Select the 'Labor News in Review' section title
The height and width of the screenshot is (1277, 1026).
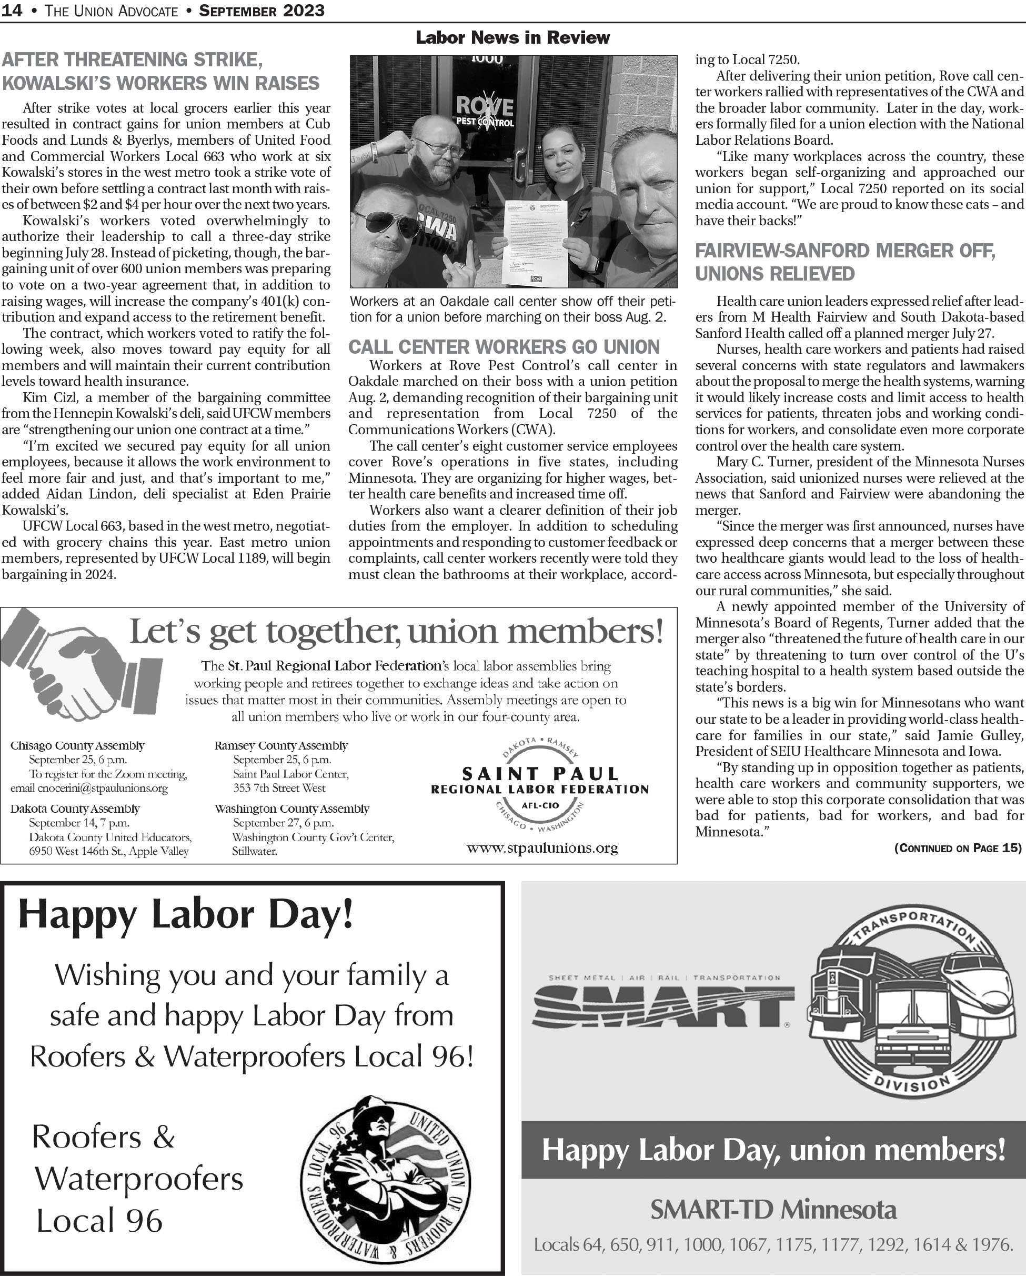tap(512, 37)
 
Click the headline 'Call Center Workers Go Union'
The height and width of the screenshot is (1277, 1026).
tap(504, 346)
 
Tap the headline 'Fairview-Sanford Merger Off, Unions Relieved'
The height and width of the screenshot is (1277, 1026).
tap(845, 262)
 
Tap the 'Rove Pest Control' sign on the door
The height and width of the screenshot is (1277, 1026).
tap(484, 112)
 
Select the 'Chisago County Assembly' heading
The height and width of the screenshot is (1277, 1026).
tap(77, 746)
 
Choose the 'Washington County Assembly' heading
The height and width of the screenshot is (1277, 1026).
tap(291, 809)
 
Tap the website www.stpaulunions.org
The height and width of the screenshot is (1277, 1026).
tap(542, 847)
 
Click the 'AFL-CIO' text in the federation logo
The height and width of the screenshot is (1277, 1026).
tap(540, 805)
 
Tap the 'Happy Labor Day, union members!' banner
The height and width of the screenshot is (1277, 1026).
tap(773, 1150)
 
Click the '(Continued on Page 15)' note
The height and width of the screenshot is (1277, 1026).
tap(957, 848)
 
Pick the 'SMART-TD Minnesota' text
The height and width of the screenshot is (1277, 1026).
tap(773, 1210)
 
